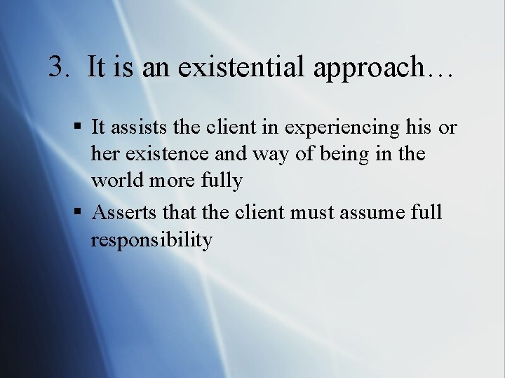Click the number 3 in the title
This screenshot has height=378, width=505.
pos(58,67)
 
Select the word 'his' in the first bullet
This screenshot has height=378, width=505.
pos(418,127)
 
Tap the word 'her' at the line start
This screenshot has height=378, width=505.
pos(105,154)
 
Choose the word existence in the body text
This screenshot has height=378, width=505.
pos(166,154)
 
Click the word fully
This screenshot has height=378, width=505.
pos(220,181)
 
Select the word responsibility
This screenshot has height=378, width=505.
pos(151,240)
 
